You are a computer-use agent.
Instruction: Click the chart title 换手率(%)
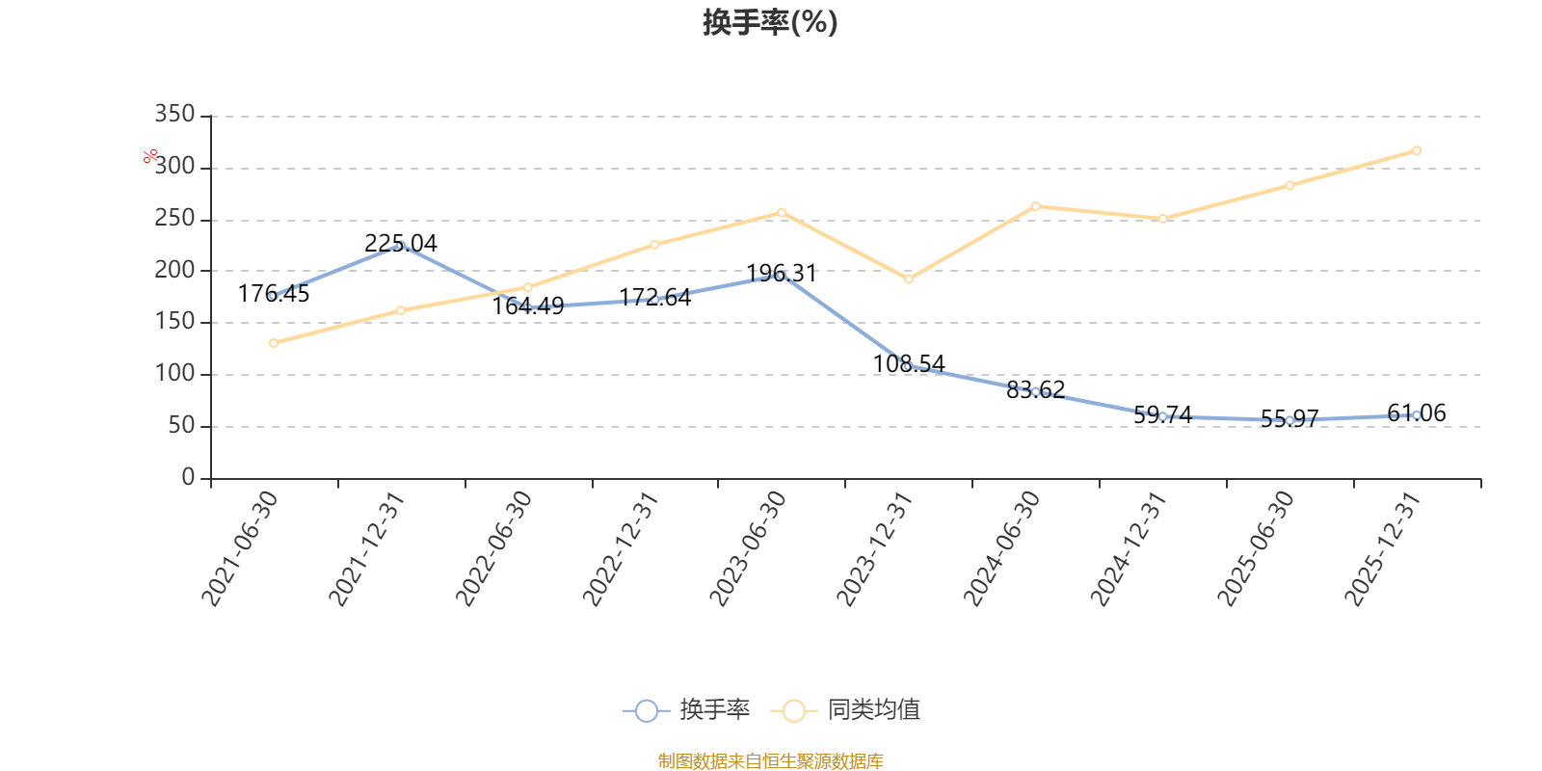click(770, 22)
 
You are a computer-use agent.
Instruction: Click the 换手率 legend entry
click(686, 710)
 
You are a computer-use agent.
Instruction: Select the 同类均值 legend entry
click(845, 710)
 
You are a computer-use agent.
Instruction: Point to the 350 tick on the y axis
click(174, 115)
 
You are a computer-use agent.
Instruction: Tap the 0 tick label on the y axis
click(188, 477)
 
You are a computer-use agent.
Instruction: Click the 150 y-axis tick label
click(174, 322)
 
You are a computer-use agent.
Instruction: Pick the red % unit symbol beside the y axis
click(150, 156)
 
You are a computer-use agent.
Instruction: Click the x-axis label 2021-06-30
click(240, 548)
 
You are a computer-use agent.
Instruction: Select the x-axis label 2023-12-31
click(875, 548)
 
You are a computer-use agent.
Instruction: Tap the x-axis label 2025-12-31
click(1383, 548)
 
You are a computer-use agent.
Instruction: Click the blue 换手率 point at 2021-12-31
click(401, 246)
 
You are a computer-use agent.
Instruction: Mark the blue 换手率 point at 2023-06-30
click(782, 276)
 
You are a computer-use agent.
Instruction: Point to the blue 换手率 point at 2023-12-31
click(908, 366)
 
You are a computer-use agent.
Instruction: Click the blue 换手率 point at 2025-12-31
click(1416, 415)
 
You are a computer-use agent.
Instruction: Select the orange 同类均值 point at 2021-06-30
click(274, 343)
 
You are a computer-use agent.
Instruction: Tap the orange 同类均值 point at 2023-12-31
click(908, 279)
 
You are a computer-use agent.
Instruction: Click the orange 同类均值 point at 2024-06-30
click(1035, 206)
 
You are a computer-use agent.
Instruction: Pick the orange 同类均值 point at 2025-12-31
click(1416, 150)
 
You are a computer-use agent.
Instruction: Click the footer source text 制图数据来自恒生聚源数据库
click(770, 761)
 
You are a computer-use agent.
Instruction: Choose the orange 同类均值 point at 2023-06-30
click(782, 212)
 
